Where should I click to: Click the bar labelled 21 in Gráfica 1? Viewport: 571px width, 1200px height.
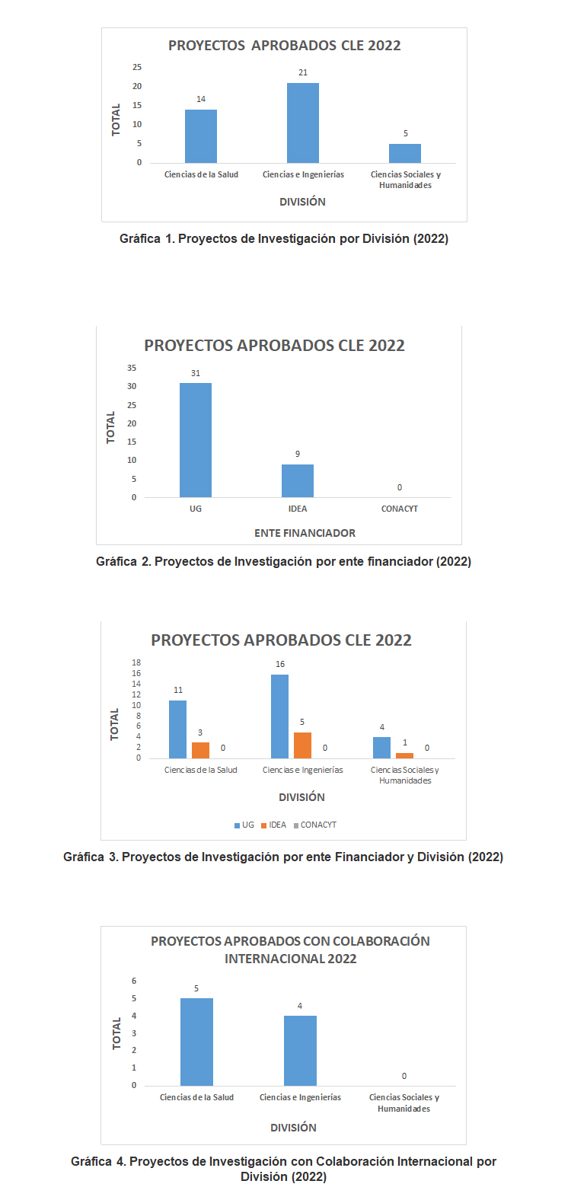[x=303, y=123]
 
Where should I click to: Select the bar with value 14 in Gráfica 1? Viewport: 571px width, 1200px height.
[x=201, y=136]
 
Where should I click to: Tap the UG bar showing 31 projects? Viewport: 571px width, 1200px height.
[x=196, y=440]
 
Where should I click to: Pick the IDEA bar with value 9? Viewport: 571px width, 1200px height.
[x=298, y=480]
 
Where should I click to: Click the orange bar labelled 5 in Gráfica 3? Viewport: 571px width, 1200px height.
[x=302, y=745]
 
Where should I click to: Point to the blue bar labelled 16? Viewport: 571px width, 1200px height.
[x=279, y=716]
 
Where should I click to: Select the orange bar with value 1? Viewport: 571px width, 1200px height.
[x=404, y=755]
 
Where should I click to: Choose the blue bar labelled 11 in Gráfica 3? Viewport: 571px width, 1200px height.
[x=177, y=729]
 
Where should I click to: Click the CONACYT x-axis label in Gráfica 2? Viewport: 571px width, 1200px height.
[x=400, y=509]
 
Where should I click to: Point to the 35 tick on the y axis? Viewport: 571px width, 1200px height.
[x=132, y=368]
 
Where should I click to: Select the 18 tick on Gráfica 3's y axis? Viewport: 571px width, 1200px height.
[x=137, y=662]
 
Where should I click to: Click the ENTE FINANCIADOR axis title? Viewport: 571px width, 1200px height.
[x=305, y=533]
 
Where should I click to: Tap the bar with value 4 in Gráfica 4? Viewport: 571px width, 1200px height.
[x=300, y=1050]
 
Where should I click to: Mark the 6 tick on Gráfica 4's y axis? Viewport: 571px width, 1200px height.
[x=134, y=981]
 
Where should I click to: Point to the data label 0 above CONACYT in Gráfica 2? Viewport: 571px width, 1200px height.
[x=400, y=487]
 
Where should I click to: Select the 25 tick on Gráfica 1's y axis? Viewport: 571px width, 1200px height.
[x=137, y=67]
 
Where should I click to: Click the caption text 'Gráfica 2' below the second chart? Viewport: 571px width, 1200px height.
[x=122, y=562]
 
